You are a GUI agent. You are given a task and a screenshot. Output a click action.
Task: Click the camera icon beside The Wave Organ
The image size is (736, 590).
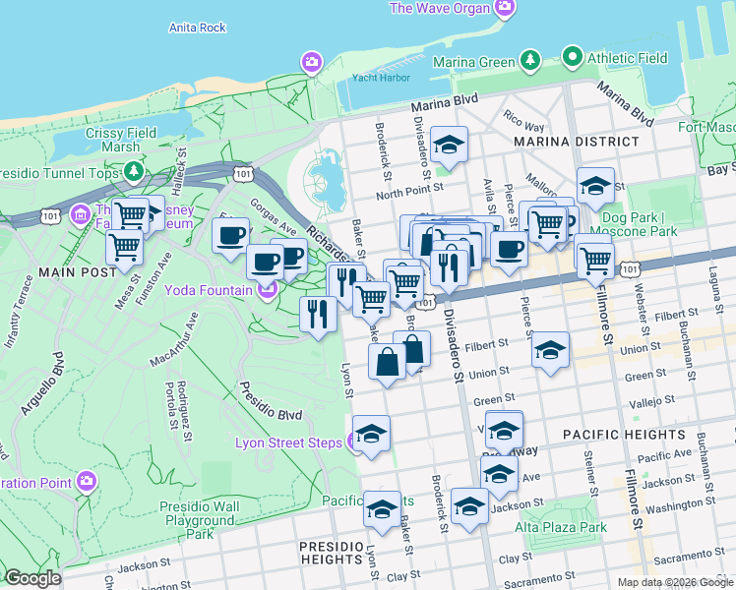(504, 9)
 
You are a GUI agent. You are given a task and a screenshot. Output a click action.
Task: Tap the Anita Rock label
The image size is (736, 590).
(198, 28)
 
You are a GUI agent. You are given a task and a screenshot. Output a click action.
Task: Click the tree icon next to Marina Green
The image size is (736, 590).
(530, 60)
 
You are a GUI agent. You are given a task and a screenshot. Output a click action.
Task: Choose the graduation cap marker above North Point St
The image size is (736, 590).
(449, 146)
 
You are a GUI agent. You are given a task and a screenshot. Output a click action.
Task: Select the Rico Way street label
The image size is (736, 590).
(523, 127)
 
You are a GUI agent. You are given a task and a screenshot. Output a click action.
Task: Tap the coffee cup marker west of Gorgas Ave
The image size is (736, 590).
(231, 236)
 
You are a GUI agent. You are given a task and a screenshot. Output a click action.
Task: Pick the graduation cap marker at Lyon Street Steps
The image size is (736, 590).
(371, 434)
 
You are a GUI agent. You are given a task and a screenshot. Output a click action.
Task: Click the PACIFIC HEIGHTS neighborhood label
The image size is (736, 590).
(624, 434)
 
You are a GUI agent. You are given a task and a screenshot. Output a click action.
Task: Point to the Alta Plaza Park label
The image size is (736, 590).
(561, 527)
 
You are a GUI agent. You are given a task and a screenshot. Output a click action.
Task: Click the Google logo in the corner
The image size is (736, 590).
(32, 578)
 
